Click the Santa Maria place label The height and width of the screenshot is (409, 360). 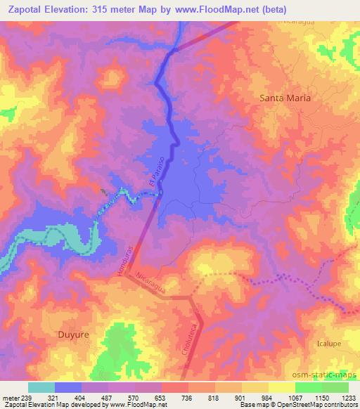point(285,98)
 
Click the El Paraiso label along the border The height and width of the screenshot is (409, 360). point(155,171)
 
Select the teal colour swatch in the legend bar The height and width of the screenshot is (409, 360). point(41,387)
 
